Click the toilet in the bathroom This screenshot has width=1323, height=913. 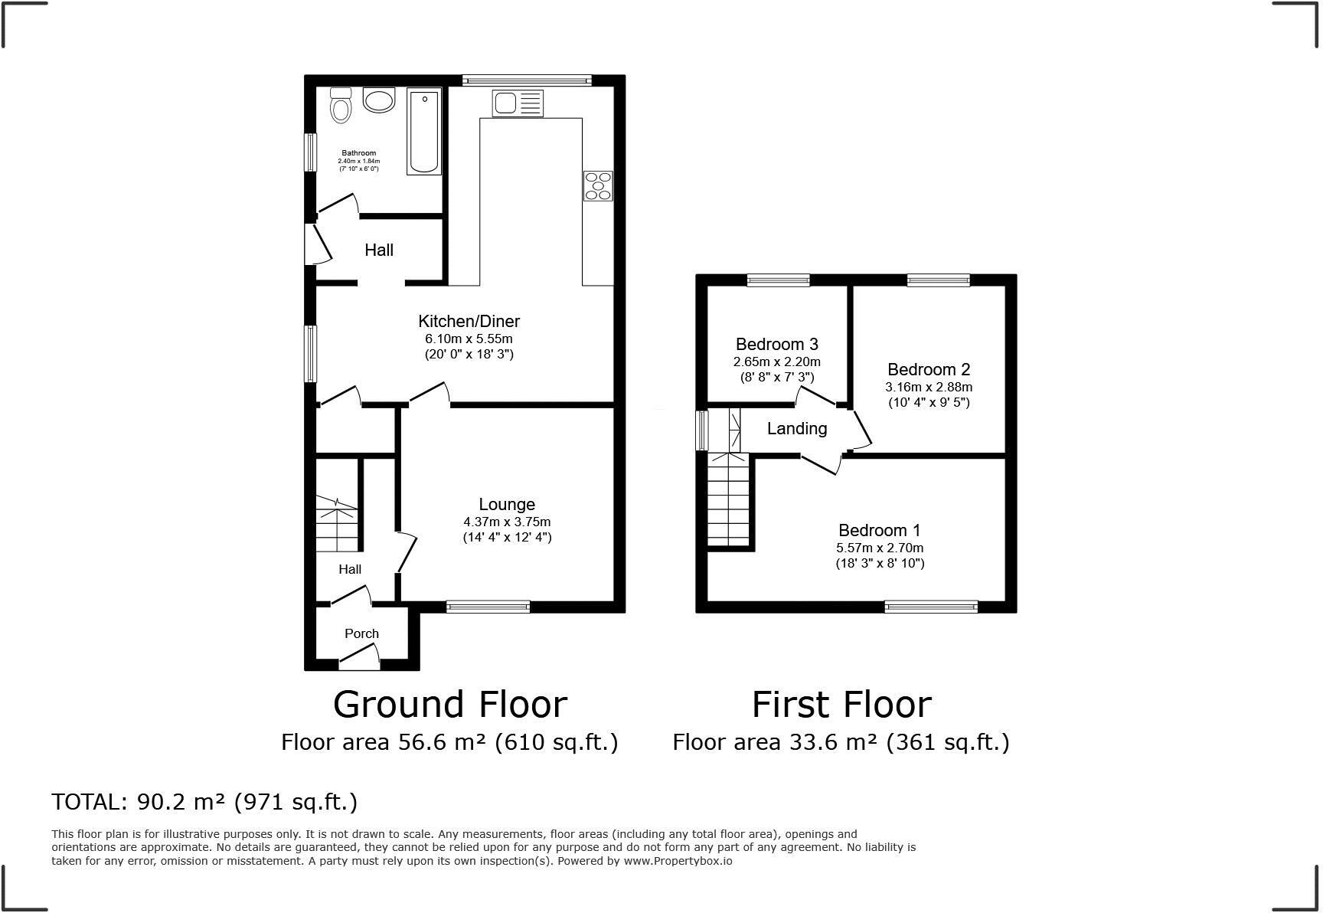point(341,106)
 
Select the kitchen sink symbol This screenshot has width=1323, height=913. point(518,103)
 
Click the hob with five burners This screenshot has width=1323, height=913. point(599,185)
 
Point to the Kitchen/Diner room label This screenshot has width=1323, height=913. point(469,321)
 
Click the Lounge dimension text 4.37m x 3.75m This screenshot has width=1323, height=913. point(507,522)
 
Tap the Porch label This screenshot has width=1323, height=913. point(361,633)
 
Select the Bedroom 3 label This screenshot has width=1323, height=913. point(776,344)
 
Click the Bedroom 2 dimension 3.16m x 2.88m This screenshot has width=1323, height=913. point(929,387)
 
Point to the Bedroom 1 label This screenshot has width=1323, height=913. point(879,530)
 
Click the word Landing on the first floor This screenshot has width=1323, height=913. point(796,428)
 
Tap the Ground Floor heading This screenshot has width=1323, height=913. point(449,704)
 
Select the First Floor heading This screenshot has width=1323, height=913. point(841,704)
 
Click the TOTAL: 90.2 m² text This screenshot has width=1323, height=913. point(204,801)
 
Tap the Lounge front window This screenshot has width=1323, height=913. point(488,607)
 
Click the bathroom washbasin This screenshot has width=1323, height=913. point(378,100)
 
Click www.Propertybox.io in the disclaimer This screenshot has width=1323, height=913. point(678,861)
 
